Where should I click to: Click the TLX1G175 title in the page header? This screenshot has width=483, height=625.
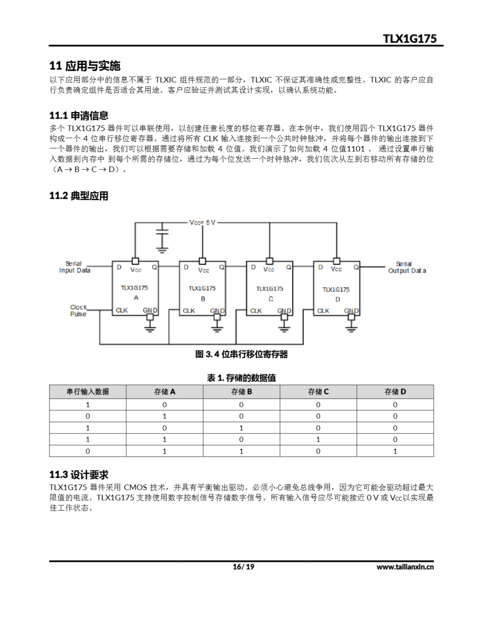coord(410,38)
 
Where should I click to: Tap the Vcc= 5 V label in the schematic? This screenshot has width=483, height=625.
coord(202,222)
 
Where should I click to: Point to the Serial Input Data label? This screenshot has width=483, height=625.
coord(74,267)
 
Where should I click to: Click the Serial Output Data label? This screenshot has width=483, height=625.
coord(407,267)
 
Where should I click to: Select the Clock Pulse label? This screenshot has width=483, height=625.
coord(78,311)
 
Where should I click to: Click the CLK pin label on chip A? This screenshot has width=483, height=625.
coord(122,310)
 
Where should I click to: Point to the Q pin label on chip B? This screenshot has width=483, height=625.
coord(222,267)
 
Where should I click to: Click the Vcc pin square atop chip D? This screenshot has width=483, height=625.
coord(337,261)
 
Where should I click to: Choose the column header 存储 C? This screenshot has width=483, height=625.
coord(318,392)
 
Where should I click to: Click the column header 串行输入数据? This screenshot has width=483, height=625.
coord(88,392)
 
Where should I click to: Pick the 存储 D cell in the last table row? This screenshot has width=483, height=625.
coord(395,451)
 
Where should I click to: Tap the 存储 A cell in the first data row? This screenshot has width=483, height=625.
coord(164,405)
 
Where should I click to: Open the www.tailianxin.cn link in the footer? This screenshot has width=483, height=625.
coord(405,567)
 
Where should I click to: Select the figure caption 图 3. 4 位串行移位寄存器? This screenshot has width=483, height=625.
coord(241,354)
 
